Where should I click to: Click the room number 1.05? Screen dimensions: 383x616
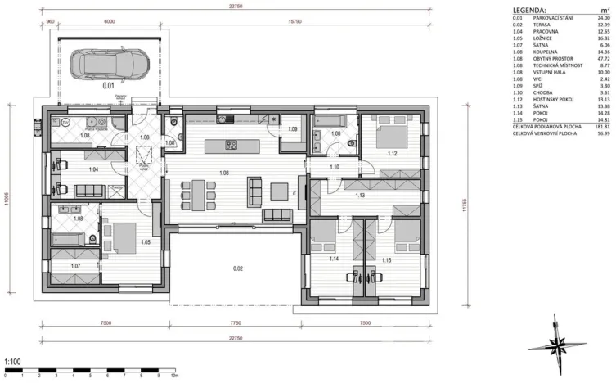145,242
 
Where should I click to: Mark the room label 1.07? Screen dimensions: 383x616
76,266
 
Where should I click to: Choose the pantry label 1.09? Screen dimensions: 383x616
293,128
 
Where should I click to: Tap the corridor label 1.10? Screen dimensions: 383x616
335,167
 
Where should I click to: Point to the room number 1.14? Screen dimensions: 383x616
333,259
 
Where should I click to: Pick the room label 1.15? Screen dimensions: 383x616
387,259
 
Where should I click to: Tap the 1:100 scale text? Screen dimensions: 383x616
12,361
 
